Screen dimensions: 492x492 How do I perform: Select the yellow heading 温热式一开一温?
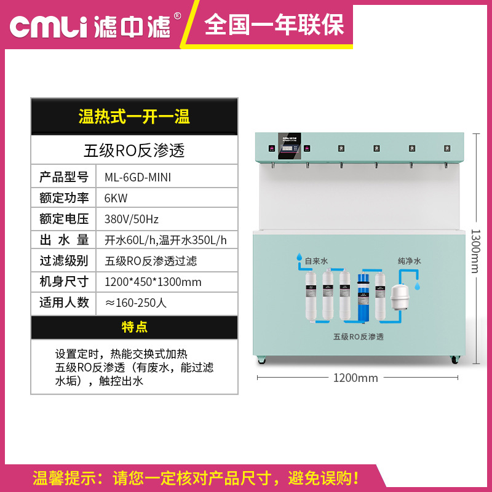134,116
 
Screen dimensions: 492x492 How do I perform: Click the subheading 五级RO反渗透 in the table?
134,149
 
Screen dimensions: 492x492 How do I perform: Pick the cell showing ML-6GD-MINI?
138,177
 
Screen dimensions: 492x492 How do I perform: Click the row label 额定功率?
64,198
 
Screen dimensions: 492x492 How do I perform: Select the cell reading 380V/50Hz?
132,219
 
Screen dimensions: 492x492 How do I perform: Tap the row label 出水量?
64,240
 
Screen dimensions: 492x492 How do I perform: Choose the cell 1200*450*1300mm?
153,282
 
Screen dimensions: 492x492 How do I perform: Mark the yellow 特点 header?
134,327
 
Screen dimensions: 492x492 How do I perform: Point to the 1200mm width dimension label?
355,378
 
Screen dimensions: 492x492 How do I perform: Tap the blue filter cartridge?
364,298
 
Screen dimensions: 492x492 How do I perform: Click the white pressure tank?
400,298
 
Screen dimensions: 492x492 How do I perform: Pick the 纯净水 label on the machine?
409,261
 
